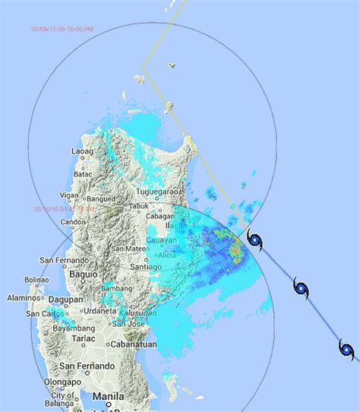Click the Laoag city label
(x=81, y=151)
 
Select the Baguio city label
(x=84, y=272)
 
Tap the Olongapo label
(x=62, y=382)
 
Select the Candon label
(x=74, y=223)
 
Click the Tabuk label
(x=139, y=205)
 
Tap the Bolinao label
(x=38, y=280)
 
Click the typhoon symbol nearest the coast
(x=255, y=242)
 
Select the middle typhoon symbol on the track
(x=301, y=287)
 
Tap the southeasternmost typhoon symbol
(x=347, y=349)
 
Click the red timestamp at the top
(x=62, y=29)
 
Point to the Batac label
(x=82, y=174)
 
